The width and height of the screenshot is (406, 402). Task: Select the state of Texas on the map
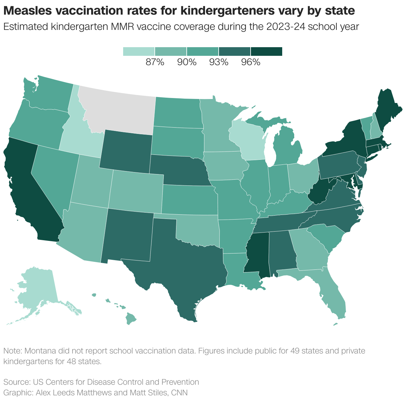point(173,259)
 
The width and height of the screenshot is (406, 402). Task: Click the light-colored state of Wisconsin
point(248,140)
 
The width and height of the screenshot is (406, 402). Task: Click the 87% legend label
point(155,62)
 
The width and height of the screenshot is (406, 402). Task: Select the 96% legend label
point(250,62)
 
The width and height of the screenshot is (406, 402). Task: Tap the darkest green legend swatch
point(267,51)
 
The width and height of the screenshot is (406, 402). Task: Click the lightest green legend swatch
point(139,51)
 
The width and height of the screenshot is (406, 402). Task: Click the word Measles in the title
point(28,11)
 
